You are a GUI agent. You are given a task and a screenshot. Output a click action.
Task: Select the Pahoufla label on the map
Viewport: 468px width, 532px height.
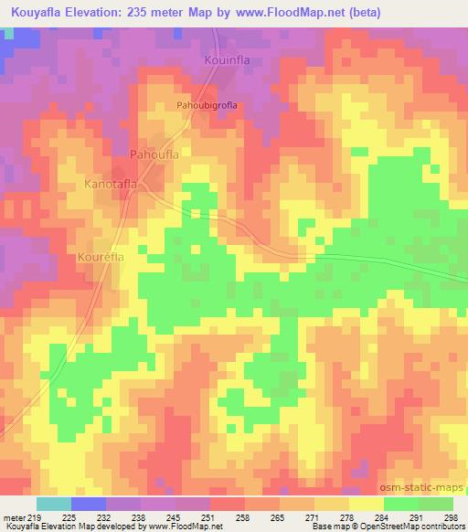tap(154, 154)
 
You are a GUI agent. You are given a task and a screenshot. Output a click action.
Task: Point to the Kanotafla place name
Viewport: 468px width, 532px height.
tap(111, 184)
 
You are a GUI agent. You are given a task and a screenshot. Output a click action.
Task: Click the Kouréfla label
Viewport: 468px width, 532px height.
tap(101, 258)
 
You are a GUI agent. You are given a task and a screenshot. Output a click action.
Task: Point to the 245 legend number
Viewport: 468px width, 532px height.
tap(175, 516)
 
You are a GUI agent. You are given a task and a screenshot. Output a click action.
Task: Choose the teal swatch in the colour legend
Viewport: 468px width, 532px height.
tap(54, 504)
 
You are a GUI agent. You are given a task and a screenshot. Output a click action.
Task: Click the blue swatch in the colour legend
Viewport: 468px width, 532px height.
tap(89, 504)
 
